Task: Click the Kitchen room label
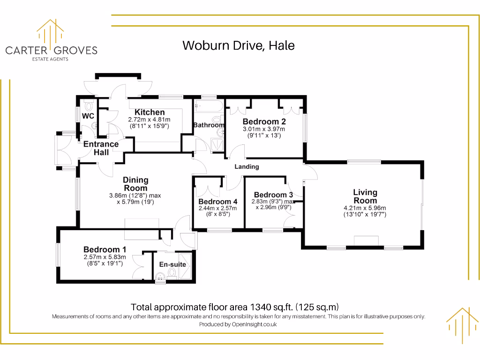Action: point(150,112)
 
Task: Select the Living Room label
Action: point(365,196)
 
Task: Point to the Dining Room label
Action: point(135,184)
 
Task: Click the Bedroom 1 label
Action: point(105,249)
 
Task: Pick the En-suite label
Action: point(172,264)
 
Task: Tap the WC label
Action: point(88,116)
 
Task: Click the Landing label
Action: point(247,166)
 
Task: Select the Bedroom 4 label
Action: point(217,202)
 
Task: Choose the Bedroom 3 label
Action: point(273,195)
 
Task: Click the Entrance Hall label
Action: point(101,148)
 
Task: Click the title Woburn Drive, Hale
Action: point(238,45)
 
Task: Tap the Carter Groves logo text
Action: point(51,50)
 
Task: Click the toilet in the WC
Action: point(88,105)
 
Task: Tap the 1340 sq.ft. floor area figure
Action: point(272,307)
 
